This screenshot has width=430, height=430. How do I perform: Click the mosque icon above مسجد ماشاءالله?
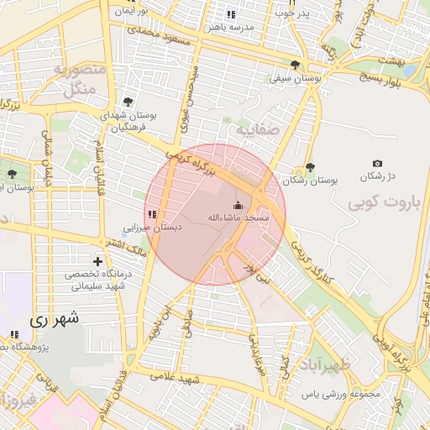click(x=238, y=205)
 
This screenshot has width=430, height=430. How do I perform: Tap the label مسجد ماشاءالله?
click(x=239, y=218)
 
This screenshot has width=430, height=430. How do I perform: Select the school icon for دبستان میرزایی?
click(x=152, y=216)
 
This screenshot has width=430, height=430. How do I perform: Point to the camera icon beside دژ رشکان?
click(x=377, y=163)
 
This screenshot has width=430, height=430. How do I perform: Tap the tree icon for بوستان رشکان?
click(x=310, y=167)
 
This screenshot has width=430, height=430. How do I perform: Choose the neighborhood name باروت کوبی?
click(x=382, y=202)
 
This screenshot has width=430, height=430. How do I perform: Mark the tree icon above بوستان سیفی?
click(x=295, y=64)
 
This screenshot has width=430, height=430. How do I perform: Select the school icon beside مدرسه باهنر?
click(x=231, y=14)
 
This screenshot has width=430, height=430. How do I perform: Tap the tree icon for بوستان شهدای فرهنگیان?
click(x=128, y=101)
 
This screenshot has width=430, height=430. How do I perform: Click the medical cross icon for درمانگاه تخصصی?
click(x=99, y=262)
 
